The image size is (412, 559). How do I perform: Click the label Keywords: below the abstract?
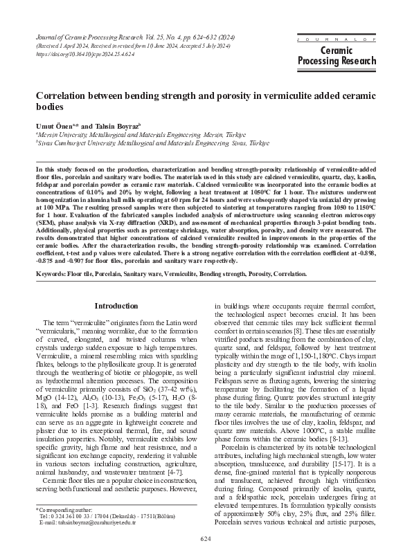(x=56, y=276)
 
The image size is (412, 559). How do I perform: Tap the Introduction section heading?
(x=116, y=304)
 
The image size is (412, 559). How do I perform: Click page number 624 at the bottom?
(x=206, y=538)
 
